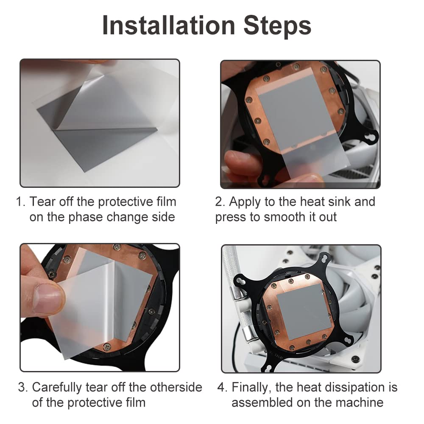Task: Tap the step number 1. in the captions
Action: pos(21,202)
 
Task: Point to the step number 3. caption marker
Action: pos(23,387)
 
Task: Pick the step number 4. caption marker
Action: pos(222,387)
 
